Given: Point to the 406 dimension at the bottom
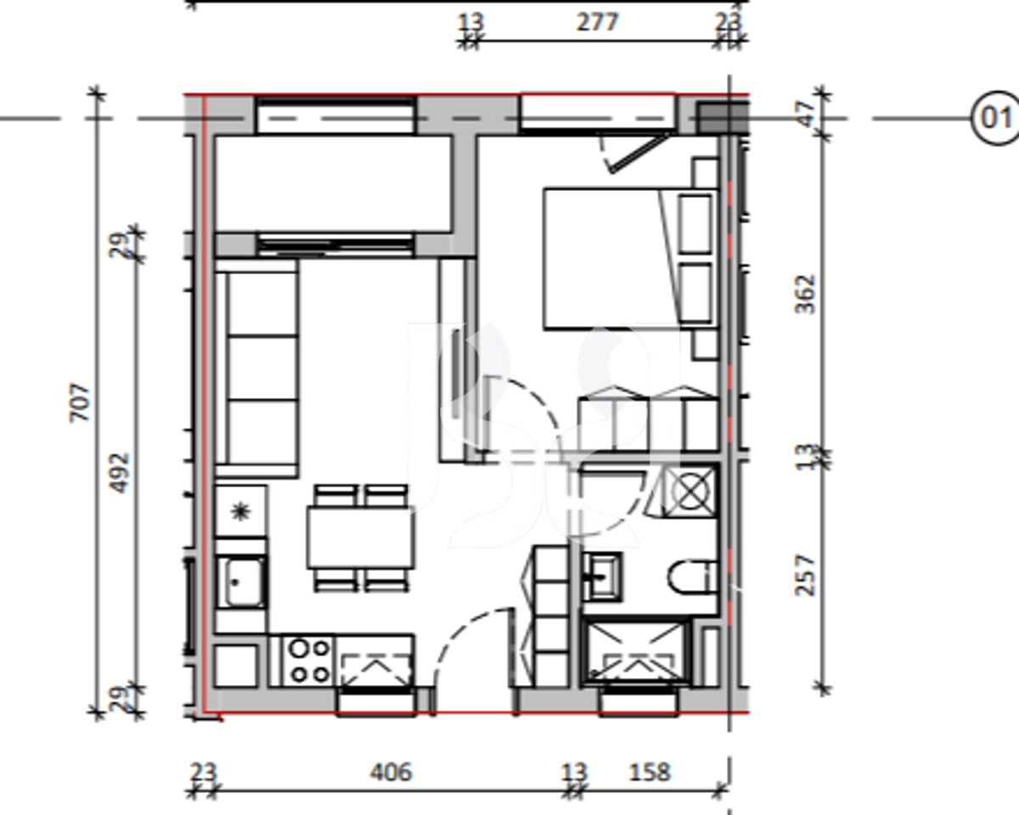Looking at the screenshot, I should [x=391, y=772].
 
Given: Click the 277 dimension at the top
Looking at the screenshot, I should [x=597, y=22].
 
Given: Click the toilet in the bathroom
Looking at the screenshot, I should [x=692, y=578].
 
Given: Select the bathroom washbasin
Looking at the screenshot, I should [x=603, y=575].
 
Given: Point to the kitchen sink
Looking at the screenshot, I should [x=243, y=582].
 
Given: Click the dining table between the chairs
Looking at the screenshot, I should [x=362, y=537].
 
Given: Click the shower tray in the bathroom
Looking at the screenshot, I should [x=635, y=652].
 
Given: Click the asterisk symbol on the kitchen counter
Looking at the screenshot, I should [x=241, y=510].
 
